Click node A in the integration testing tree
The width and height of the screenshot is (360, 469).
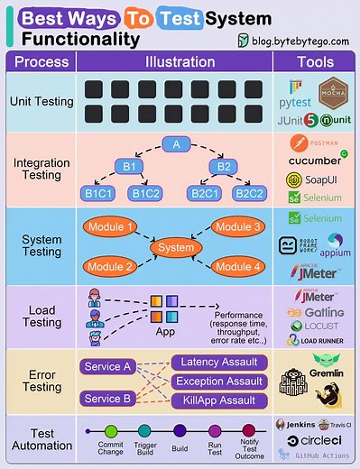178,144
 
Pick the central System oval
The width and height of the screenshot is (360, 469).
175,246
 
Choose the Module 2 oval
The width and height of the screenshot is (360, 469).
110,266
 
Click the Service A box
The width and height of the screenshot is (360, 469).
108,366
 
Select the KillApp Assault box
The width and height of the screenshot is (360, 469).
220,398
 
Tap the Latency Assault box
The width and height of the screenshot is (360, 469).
220,363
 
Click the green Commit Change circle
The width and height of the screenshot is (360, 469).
112,432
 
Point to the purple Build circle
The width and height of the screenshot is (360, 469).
180,432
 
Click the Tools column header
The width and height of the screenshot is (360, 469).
315,61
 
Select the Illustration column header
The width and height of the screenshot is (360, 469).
180,61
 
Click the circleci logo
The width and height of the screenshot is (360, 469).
318,440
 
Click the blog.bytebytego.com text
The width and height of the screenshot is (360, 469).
297,41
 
